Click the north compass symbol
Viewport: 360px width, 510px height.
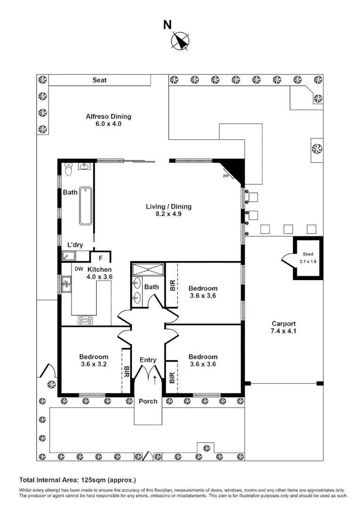click(179, 41)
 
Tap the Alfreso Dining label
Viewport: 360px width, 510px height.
click(108, 117)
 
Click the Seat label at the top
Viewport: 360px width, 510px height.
click(99, 80)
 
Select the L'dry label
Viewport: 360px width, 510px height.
click(75, 245)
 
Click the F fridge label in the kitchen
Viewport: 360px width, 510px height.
click(100, 258)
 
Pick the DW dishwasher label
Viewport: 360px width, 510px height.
click(79, 269)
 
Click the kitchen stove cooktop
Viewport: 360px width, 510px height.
click(85, 320)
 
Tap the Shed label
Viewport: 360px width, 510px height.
click(308, 254)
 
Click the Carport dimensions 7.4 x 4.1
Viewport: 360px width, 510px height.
click(284, 331)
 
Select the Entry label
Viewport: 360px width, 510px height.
click(148, 360)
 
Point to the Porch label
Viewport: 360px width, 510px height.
click(148, 401)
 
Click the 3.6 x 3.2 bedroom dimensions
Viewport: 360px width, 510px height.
click(93, 364)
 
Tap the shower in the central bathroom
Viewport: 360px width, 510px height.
click(147, 270)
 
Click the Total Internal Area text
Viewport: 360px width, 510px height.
click(77, 480)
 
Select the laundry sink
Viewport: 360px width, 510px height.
click(69, 256)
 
